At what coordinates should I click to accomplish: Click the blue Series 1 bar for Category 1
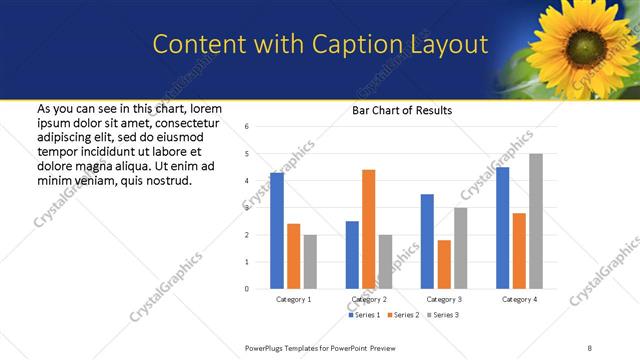point(277,231)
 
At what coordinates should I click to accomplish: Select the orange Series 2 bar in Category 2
point(369,229)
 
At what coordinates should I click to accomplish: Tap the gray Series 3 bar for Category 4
point(536,221)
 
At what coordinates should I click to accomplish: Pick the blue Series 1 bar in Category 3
point(427,241)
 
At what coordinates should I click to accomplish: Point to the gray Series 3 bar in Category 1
point(310,262)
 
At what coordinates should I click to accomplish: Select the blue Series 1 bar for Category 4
point(502,228)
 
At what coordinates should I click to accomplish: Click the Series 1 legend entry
point(364,315)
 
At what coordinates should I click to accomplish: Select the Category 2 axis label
point(369,299)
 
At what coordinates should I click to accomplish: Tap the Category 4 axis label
point(519,299)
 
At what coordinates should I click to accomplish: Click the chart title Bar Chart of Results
point(402,110)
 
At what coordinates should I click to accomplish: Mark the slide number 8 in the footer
point(590,347)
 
